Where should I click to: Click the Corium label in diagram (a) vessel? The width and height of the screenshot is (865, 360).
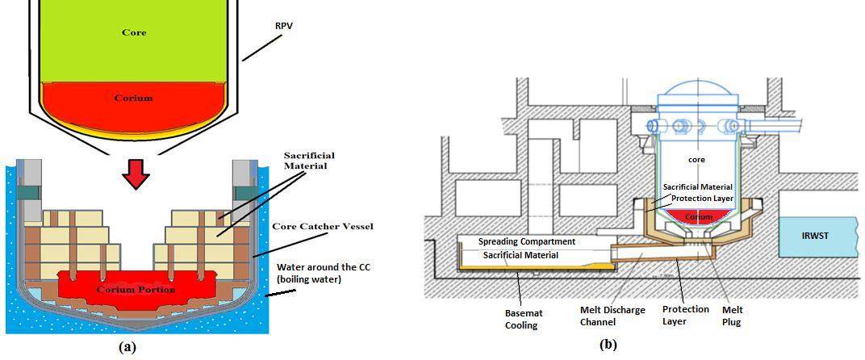[x=133, y=98]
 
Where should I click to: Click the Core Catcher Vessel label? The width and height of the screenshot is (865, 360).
[x=323, y=227]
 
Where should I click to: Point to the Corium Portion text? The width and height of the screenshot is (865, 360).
[x=136, y=289]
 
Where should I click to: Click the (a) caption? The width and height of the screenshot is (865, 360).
[x=127, y=346]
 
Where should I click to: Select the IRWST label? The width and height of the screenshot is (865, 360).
[x=816, y=236]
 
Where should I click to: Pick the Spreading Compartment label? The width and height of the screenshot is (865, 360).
[x=526, y=241]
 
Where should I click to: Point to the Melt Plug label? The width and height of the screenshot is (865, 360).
[x=732, y=316]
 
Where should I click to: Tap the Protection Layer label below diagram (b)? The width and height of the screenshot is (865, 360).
[x=685, y=316]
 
